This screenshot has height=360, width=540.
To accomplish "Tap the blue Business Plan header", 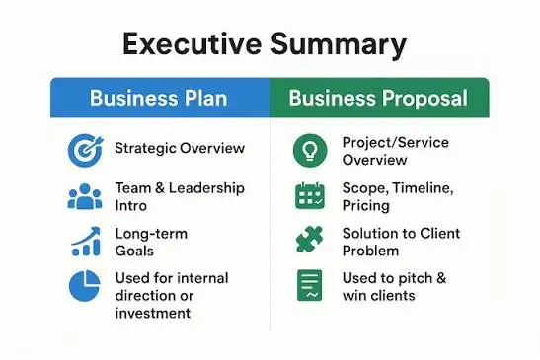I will pyautogui.click(x=159, y=98).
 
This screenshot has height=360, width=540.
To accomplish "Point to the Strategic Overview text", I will pyautogui.click(x=179, y=149).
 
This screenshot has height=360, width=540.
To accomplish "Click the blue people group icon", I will pyautogui.click(x=85, y=196).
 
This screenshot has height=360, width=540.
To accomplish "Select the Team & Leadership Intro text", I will pyautogui.click(x=178, y=196).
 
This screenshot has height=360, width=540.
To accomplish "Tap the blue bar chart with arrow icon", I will pyautogui.click(x=85, y=241).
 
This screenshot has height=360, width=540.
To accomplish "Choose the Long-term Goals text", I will pyautogui.click(x=151, y=242).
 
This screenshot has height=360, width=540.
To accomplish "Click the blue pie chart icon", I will pyautogui.click(x=85, y=286).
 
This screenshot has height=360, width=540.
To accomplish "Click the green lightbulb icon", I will pyautogui.click(x=309, y=151).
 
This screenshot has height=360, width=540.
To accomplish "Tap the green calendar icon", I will pyautogui.click(x=309, y=195).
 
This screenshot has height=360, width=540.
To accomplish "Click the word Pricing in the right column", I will pyautogui.click(x=366, y=205).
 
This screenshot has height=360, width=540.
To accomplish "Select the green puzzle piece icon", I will pyautogui.click(x=309, y=241).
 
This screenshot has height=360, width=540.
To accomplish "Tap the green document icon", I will pyautogui.click(x=309, y=286).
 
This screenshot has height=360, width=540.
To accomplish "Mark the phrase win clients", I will pyautogui.click(x=379, y=295).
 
